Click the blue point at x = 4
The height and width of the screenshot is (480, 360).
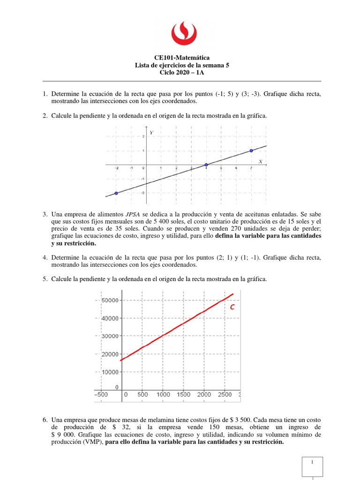[x=206, y=165]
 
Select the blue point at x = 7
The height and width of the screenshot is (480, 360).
[x=252, y=150]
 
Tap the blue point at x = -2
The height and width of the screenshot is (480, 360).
[x=116, y=193]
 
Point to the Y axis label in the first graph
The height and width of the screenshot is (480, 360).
[x=151, y=133]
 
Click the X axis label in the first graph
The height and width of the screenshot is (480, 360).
[x=260, y=161]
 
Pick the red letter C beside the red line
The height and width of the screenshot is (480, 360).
[x=232, y=307]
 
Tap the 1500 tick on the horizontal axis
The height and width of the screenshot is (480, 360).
[x=183, y=395]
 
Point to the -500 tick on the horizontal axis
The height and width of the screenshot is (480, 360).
[x=105, y=395]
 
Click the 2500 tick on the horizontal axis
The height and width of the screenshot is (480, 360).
[x=224, y=395]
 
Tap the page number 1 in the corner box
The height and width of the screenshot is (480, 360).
[x=313, y=462]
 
